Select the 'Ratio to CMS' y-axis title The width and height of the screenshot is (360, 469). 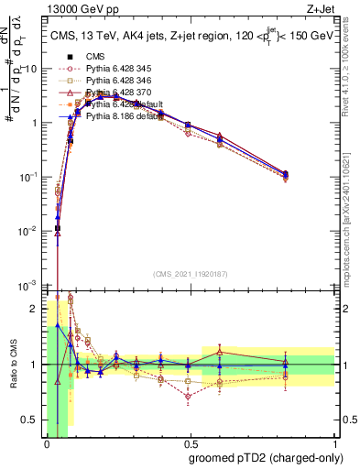(12, 366)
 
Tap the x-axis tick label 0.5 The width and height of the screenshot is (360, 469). (188, 445)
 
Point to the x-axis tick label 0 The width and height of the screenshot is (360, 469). (47, 445)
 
